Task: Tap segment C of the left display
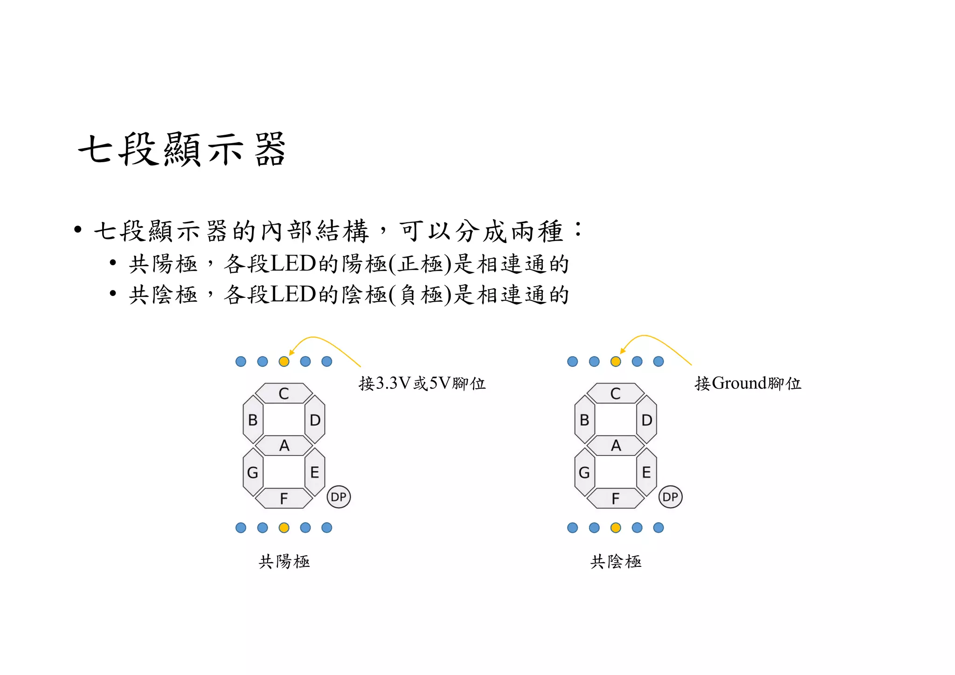(x=284, y=393)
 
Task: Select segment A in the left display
(x=284, y=446)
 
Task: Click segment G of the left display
(x=253, y=472)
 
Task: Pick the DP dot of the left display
(x=339, y=497)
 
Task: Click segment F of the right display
(x=616, y=498)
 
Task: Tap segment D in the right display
(x=646, y=420)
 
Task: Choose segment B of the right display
(x=584, y=420)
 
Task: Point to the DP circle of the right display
(x=670, y=497)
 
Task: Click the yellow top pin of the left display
(x=284, y=361)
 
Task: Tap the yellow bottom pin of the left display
(x=284, y=528)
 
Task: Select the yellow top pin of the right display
(x=616, y=361)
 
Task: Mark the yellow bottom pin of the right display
(x=616, y=528)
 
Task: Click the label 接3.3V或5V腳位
(x=422, y=384)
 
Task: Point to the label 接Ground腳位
(x=748, y=384)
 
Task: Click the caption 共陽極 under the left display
(x=284, y=561)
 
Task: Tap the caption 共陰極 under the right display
(x=616, y=561)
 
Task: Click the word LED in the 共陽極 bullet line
(x=293, y=264)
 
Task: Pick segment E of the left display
(x=315, y=472)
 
